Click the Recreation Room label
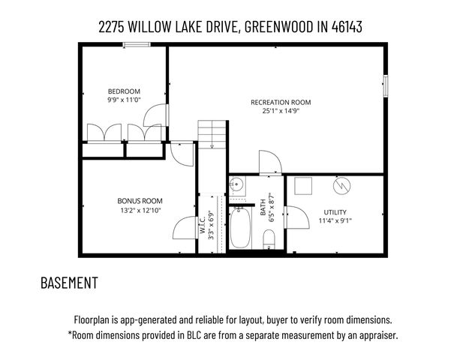(280, 103)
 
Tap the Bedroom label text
(124, 91)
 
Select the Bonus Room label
(140, 200)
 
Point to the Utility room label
(335, 211)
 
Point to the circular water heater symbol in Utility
(342, 184)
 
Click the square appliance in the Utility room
(303, 184)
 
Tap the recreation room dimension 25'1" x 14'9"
(280, 112)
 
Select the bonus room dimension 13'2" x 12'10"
(140, 210)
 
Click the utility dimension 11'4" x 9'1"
(335, 220)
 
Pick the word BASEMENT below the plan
(69, 283)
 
